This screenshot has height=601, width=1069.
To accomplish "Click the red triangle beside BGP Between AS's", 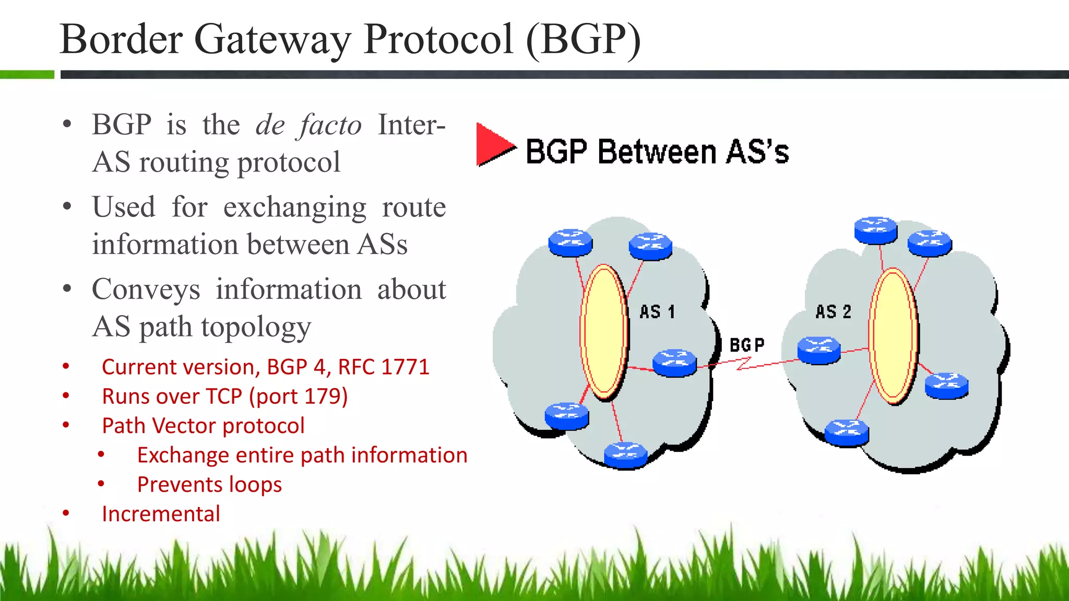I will coord(493,145).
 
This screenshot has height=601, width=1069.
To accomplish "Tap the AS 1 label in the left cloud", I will coord(657,312).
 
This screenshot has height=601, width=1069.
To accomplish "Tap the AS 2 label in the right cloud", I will coord(833,312).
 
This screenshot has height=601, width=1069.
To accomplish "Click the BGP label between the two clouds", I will coord(746,345).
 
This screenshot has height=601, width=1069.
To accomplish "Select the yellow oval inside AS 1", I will coord(604,332).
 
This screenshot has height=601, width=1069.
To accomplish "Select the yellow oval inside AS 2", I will coord(893,335).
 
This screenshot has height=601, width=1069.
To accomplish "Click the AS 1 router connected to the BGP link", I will coord(674,362).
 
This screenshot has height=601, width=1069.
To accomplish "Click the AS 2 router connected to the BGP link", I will coord(818,350).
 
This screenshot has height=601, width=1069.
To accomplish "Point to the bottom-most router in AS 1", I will coord(625,455).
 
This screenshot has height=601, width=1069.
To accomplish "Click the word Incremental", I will coord(161,514).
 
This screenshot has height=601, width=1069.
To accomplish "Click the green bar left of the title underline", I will coord(27,75).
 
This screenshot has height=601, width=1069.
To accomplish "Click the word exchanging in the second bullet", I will coord(295,207).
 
